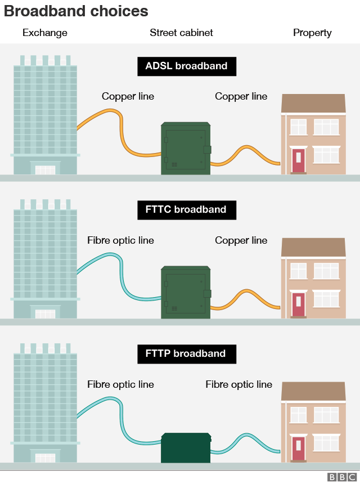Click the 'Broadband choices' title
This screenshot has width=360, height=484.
point(76,11)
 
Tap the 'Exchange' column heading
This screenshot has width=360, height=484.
point(45,33)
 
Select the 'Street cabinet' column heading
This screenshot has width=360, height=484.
point(181,33)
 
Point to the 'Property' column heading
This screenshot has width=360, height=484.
point(312,33)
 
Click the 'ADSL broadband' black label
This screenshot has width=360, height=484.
point(186,66)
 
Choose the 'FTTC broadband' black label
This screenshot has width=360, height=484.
point(186,210)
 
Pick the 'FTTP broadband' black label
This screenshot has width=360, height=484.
point(186,354)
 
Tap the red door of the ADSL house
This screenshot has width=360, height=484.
point(298,160)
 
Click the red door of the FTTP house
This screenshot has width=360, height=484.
point(298,448)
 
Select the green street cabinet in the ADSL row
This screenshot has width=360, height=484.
point(186,149)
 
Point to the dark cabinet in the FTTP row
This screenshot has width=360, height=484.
point(186,448)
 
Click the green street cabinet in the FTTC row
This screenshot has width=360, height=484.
point(186,293)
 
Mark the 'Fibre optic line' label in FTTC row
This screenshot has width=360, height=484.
point(120,241)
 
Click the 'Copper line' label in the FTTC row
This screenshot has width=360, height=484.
point(241,241)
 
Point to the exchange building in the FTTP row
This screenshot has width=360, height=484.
point(45,405)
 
